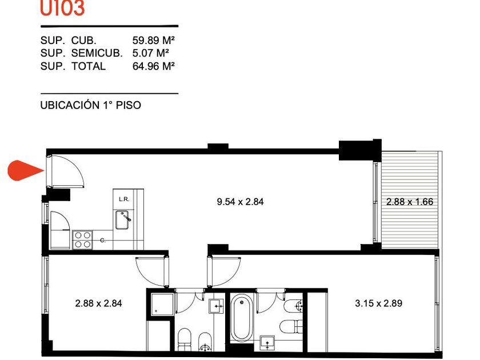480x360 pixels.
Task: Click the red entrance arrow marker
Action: click(25, 170)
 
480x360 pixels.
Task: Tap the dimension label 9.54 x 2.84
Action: click(240, 202)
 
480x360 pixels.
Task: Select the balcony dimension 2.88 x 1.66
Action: click(410, 202)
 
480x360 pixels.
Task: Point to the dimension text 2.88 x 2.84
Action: click(98, 303)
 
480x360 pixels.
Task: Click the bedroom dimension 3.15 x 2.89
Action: click(379, 303)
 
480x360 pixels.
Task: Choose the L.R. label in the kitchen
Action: click(124, 199)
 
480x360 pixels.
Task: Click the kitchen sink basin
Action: click(122, 220)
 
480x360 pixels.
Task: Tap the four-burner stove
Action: click(83, 239)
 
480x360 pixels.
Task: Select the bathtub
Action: click(242, 318)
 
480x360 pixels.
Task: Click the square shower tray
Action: click(162, 304)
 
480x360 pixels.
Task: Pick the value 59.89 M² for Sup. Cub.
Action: click(153, 40)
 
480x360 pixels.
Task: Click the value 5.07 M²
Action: click(151, 53)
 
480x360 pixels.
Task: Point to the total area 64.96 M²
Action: click(153, 66)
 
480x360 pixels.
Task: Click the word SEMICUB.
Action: click(97, 53)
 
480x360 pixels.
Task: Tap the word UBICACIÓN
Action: click(70, 105)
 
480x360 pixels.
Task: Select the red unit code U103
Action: click(62, 8)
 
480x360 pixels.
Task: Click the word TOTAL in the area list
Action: click(89, 66)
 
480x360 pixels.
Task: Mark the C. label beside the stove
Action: click(103, 241)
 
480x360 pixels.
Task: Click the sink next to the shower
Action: click(216, 306)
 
